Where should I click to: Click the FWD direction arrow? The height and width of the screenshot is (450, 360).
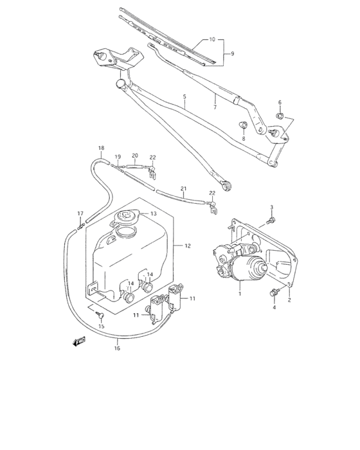tap(79, 341)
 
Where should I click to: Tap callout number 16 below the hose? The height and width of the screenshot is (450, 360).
tap(117, 348)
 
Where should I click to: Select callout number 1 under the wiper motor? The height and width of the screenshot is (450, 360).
tap(240, 294)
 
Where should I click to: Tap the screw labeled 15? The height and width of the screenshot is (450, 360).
tap(101, 316)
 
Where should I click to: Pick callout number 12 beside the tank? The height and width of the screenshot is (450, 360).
tap(188, 246)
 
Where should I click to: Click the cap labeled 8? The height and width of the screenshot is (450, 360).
tap(244, 125)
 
